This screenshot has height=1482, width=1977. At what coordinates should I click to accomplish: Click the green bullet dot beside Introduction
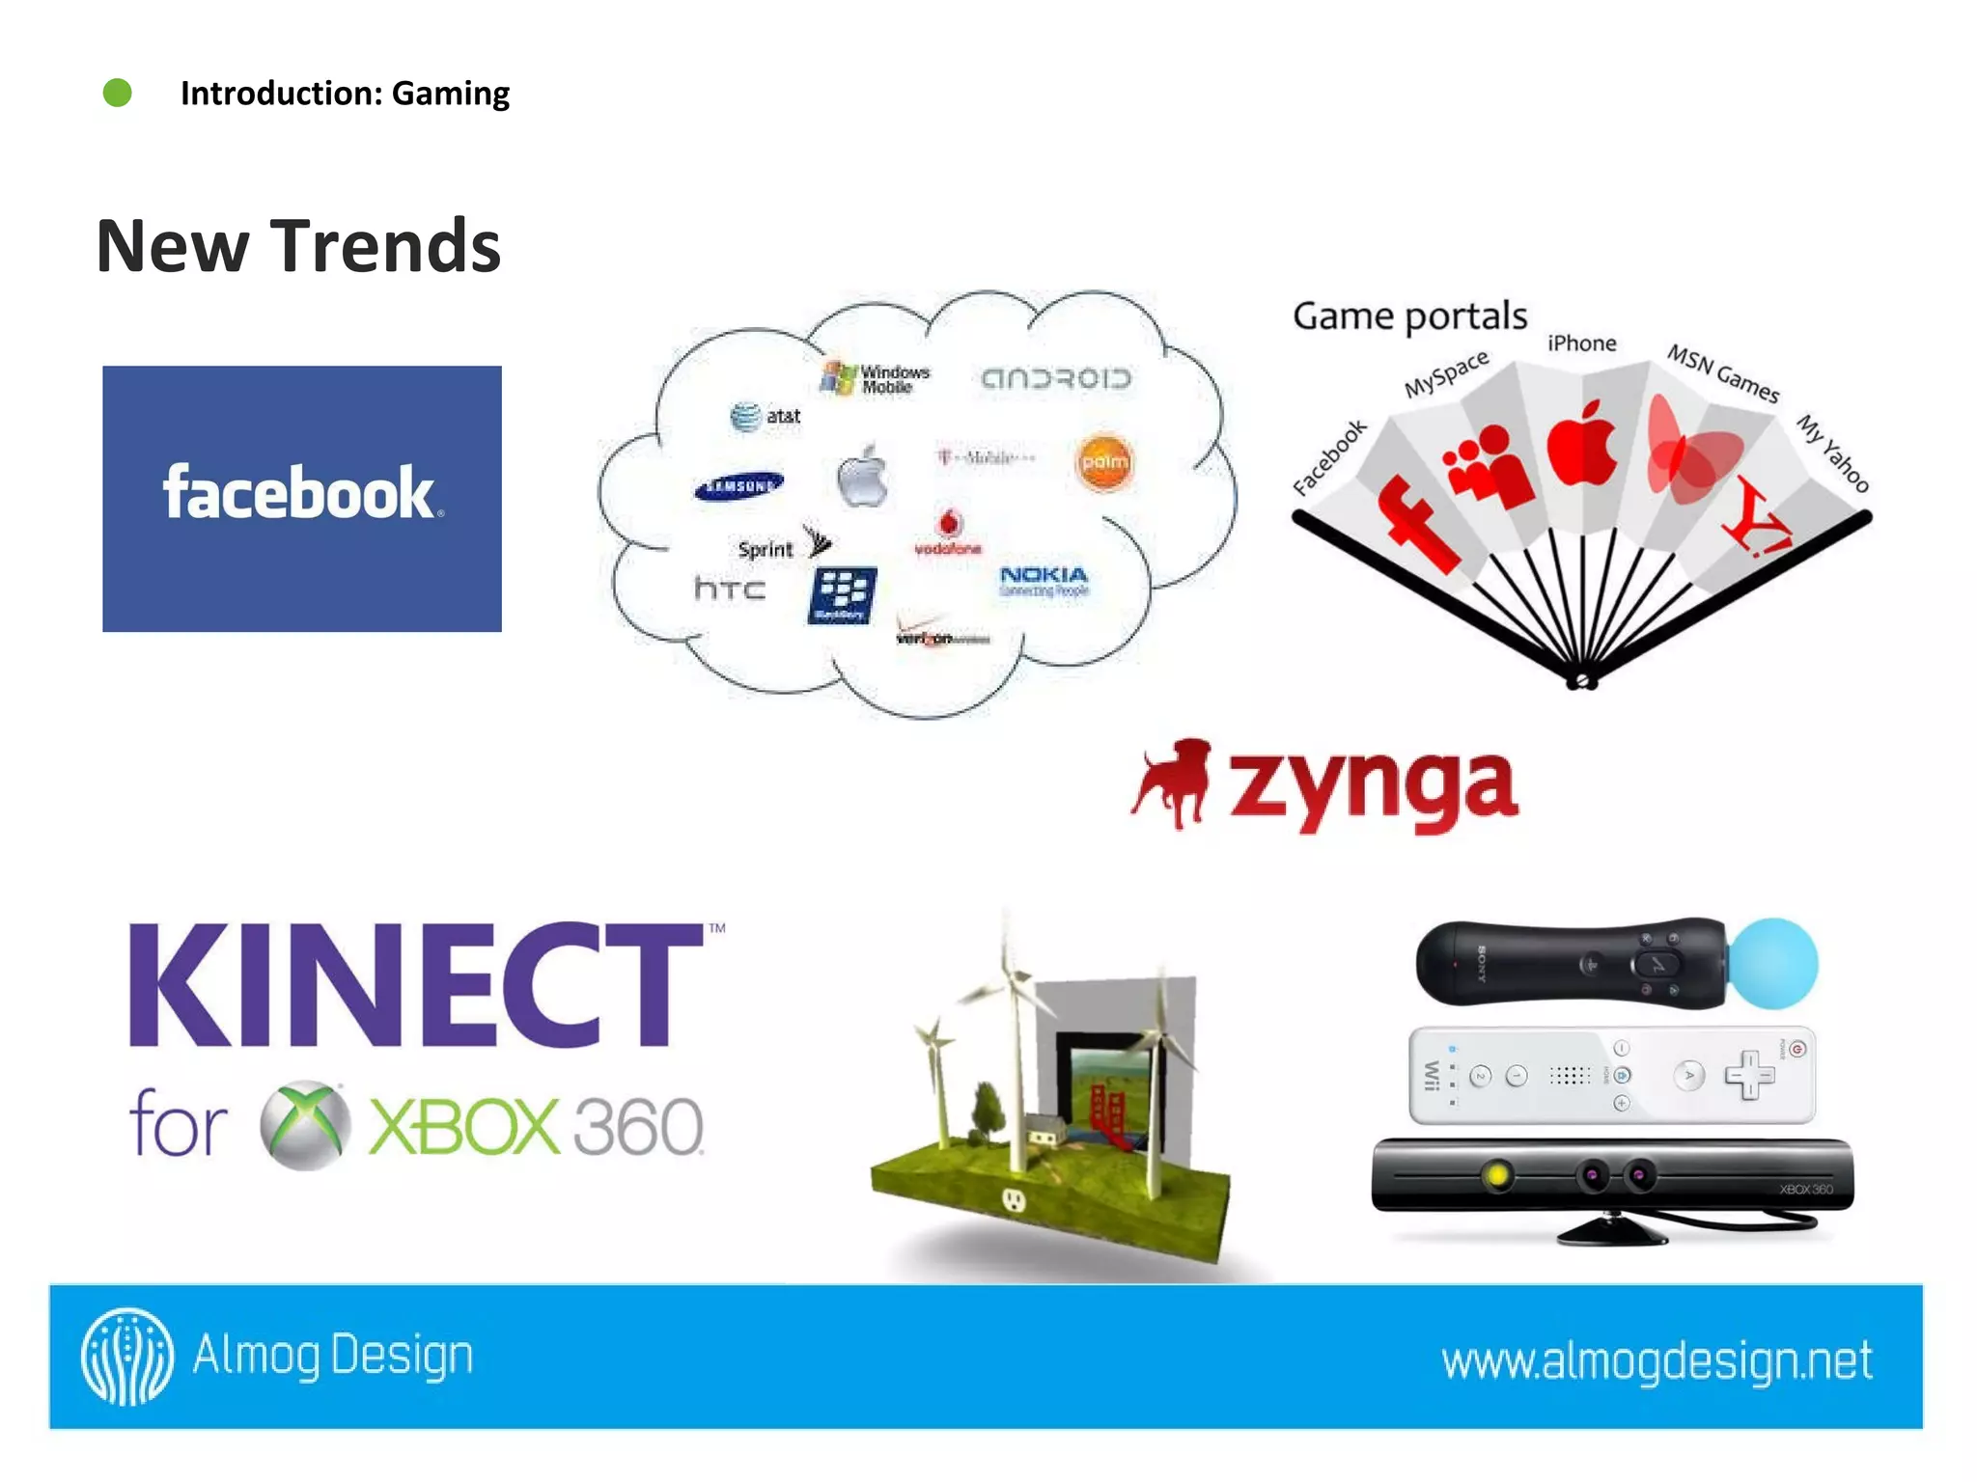click(x=118, y=94)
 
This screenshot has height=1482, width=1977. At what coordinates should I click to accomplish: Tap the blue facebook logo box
click(x=302, y=498)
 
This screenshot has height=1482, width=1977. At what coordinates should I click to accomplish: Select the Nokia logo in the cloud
click(x=1044, y=580)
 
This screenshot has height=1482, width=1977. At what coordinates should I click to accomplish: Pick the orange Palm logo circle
click(x=1104, y=462)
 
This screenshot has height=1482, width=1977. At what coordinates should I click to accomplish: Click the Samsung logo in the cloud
click(x=738, y=486)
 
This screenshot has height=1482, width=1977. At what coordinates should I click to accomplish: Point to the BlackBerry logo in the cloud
click(x=842, y=594)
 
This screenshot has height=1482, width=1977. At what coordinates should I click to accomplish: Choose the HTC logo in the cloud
click(x=730, y=588)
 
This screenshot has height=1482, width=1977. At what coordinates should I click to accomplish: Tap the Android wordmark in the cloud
click(x=1055, y=378)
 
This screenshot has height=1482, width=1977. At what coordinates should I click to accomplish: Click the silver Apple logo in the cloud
click(x=862, y=477)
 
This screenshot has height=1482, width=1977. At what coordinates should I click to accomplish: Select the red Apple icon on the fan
click(x=1583, y=444)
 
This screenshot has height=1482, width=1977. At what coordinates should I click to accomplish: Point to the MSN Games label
click(x=1723, y=373)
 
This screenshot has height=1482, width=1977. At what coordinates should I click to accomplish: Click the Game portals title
click(x=1409, y=316)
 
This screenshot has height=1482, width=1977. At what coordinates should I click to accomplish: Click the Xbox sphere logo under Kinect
click(x=305, y=1125)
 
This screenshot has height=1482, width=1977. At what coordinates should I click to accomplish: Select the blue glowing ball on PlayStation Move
click(x=1772, y=963)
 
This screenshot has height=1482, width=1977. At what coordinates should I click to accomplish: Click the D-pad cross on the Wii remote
click(x=1749, y=1075)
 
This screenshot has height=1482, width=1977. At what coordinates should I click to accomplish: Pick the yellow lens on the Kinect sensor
click(x=1496, y=1175)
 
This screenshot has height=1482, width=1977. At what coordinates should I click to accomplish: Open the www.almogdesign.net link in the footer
click(x=1657, y=1360)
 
